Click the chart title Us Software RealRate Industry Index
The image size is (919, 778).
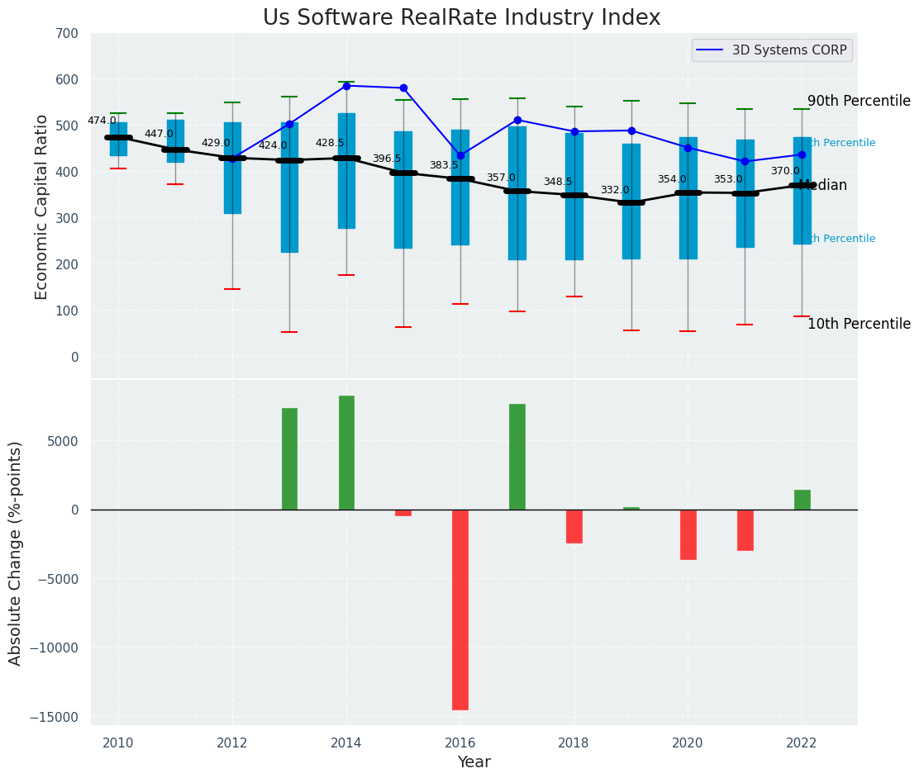click(x=461, y=18)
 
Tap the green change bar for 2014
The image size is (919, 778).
click(x=346, y=453)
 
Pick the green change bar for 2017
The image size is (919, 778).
click(x=517, y=457)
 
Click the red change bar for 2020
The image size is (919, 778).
click(x=688, y=534)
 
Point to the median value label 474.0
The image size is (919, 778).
click(x=102, y=121)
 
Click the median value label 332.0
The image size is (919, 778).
click(x=615, y=190)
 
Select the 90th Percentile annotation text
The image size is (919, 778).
click(x=859, y=101)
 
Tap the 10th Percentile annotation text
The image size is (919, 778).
click(x=859, y=324)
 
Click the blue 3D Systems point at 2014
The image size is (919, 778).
click(x=346, y=86)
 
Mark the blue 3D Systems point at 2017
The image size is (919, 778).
click(x=517, y=120)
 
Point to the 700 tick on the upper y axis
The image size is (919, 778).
click(x=67, y=34)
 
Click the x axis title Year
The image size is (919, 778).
click(x=474, y=762)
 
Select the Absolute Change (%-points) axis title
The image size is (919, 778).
click(x=16, y=553)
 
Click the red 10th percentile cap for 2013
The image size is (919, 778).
click(x=289, y=332)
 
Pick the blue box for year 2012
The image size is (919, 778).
click(x=232, y=168)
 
